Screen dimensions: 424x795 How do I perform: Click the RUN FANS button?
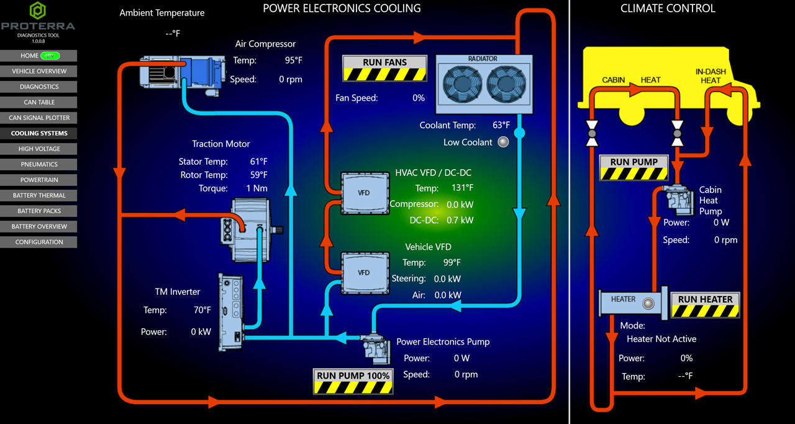point(384,68)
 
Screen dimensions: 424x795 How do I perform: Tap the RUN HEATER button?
point(705,305)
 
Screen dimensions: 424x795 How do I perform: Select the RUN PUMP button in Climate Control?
point(634,168)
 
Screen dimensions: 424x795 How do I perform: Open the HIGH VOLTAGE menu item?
point(39,149)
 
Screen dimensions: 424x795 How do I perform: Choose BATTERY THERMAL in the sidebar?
point(39,195)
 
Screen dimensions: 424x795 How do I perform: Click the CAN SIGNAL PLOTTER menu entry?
point(39,118)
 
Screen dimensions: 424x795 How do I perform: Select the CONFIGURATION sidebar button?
point(39,242)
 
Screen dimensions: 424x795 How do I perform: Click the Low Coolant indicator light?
point(504,142)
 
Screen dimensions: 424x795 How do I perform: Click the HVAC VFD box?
point(365,193)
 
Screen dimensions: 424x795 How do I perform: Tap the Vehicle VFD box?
point(365,272)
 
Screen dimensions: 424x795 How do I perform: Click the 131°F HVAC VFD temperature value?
point(462,188)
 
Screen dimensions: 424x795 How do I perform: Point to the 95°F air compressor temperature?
point(294,60)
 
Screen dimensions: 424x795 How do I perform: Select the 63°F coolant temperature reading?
point(501,125)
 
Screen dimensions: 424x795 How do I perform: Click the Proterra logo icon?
point(38,11)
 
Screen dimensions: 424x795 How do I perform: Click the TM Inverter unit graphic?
point(229,311)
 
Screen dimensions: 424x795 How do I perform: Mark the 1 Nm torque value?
point(257,188)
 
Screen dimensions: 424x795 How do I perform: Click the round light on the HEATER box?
point(649,303)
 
